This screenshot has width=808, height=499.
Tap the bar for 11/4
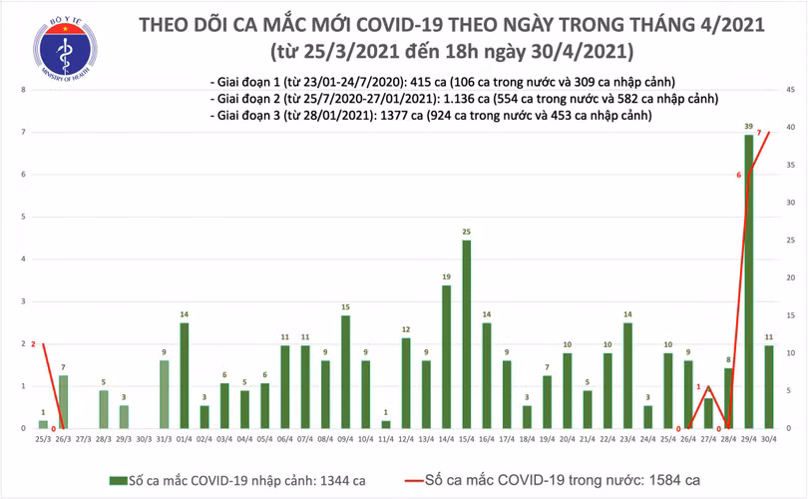pos(386,424)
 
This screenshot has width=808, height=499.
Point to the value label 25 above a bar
pos(467,232)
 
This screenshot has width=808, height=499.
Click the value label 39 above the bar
pos(749,127)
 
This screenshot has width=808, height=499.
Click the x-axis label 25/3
pos(43,439)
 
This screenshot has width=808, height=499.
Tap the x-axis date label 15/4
pos(467,439)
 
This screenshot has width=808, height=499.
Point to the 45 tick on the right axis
pos(789,91)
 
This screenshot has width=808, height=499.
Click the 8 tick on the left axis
pos(23,91)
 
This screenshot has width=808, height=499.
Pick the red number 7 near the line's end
pos(760,134)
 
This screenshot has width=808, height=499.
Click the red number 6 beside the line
pos(739,176)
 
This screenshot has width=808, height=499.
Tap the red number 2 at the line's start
pos(33,344)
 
